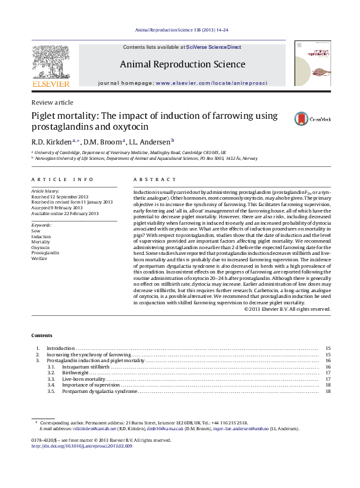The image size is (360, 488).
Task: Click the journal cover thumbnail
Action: point(313,63)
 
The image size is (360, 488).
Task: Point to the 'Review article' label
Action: point(52,103)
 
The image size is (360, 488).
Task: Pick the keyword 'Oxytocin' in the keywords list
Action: point(40,247)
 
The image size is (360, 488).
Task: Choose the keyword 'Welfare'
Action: point(39,259)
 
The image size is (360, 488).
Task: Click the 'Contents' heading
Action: point(42,336)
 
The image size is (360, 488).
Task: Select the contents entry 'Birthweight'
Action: point(76,372)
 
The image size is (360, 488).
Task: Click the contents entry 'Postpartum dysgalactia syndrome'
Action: point(99,391)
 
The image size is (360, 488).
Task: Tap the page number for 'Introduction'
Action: point(327,348)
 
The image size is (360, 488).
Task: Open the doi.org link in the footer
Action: point(81,446)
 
